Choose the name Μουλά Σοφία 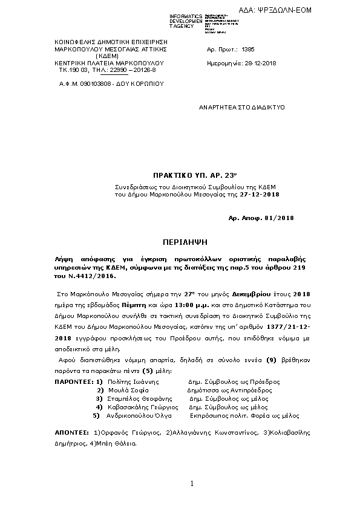point(123,391)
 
